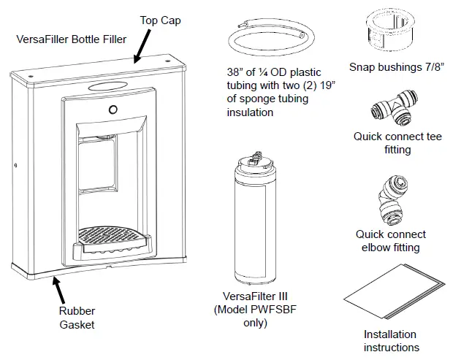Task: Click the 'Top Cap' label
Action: click(x=160, y=20)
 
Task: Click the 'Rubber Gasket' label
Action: click(x=77, y=318)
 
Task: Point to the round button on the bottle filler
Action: click(x=113, y=110)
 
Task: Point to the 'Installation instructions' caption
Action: click(x=391, y=341)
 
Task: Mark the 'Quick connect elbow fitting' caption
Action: click(x=391, y=241)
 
